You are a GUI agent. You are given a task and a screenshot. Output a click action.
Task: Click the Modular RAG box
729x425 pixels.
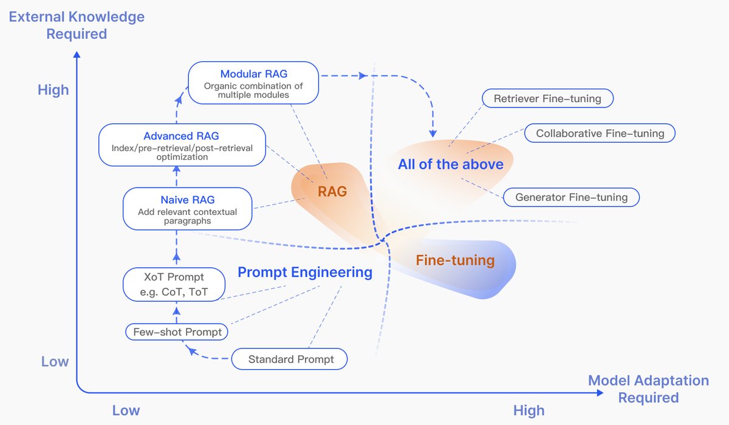coord(253,84)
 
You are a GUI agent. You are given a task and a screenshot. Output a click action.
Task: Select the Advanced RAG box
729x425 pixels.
coord(182,146)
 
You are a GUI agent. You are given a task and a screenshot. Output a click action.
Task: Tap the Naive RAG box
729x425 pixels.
coord(187,209)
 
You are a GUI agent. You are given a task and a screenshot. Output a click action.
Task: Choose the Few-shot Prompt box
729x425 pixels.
coord(177,332)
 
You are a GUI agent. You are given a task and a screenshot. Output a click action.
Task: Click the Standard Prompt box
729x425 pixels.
coord(290,359)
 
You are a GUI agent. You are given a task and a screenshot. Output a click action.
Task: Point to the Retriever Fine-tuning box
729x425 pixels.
coord(547,99)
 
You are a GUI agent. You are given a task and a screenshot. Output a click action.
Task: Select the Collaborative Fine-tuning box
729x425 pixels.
coord(600,134)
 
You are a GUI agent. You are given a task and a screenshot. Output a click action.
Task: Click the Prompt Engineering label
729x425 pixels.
coord(305,273)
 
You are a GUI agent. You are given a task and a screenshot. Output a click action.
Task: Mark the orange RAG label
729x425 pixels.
coord(332,192)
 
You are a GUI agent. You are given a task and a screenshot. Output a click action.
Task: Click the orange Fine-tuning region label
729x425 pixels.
coord(455,261)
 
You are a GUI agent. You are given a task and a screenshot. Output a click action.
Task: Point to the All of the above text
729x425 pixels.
coord(451,165)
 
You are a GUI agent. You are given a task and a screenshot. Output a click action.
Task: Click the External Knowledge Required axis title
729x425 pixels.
coord(77,25)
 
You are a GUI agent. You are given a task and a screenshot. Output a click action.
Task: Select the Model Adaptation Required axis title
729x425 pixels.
coord(648,389)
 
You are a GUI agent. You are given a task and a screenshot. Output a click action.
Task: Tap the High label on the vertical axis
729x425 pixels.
coord(53,90)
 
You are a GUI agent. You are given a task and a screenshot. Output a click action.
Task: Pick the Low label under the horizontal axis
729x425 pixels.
coord(126,410)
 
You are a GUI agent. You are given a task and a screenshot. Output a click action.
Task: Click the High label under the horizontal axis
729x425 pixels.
coord(529,410)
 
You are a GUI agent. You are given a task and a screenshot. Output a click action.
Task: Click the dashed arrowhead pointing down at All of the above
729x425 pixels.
coord(434,132)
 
